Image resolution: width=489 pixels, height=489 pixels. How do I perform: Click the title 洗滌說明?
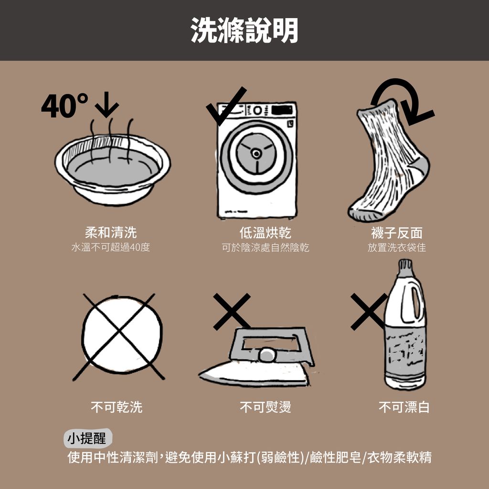244,30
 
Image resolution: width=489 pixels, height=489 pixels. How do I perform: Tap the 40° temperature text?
64,106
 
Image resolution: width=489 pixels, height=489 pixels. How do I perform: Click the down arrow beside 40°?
106,105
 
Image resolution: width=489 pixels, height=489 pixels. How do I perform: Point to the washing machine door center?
256,153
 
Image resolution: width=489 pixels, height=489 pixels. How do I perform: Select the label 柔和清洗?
111,233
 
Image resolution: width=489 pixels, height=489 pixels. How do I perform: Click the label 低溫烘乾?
266,233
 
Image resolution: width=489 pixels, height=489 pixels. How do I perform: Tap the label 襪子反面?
397,233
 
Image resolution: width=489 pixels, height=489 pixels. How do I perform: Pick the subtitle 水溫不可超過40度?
111,247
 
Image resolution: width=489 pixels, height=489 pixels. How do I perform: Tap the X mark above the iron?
232,311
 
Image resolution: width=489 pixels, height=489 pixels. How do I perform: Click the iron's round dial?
266,355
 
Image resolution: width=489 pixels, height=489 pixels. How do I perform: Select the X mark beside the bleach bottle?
369,311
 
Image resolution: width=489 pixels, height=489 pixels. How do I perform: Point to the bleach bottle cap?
405,267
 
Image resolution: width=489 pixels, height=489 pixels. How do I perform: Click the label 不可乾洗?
117,407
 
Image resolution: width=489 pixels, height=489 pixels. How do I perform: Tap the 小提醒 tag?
87,438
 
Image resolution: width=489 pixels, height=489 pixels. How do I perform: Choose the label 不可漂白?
404,407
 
